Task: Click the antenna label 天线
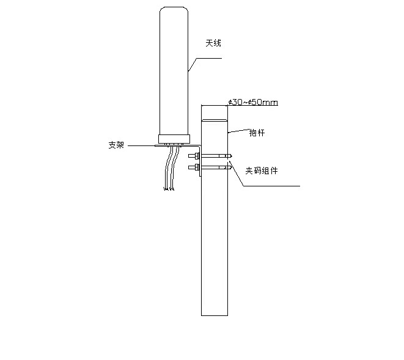pyautogui.click(x=213, y=43)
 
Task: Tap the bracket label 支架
pyautogui.click(x=116, y=145)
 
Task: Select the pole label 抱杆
pyautogui.click(x=257, y=132)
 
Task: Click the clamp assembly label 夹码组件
pyautogui.click(x=262, y=171)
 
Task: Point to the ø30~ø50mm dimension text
pyautogui.click(x=252, y=102)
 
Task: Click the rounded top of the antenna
pyautogui.click(x=174, y=10)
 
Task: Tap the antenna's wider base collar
pyautogui.click(x=174, y=139)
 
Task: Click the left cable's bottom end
pyautogui.click(x=166, y=189)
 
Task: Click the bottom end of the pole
pyautogui.click(x=214, y=314)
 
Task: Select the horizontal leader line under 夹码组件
pyautogui.click(x=272, y=186)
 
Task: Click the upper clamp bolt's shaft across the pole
pyautogui.click(x=215, y=156)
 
